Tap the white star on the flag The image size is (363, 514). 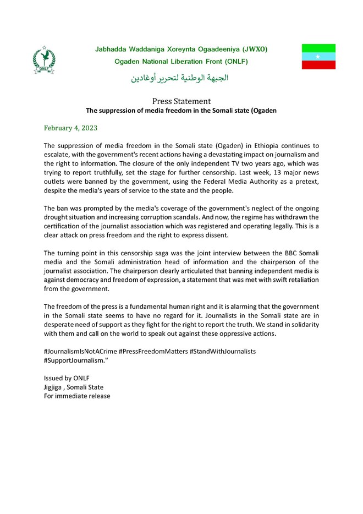coord(318,57)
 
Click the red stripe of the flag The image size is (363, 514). coord(318,65)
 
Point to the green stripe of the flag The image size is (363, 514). coord(318,48)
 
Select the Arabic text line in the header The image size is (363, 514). coord(179,78)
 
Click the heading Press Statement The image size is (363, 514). coord(182,101)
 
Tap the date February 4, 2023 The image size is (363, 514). coord(70,128)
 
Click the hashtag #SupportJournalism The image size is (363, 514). coord(75,360)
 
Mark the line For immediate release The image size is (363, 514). coord(76,396)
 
